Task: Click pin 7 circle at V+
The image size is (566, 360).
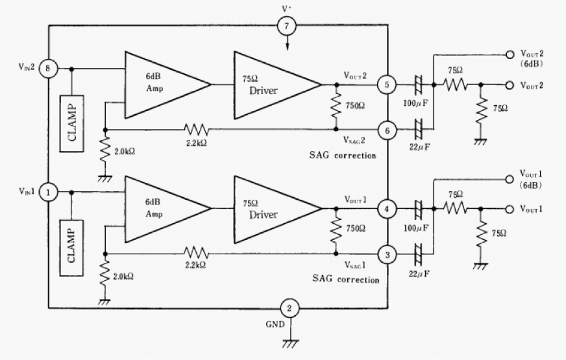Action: (x=287, y=26)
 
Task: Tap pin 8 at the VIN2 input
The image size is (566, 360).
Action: (x=49, y=68)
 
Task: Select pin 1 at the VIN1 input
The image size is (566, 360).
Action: (x=49, y=192)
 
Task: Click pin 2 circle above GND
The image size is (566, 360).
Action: (x=290, y=308)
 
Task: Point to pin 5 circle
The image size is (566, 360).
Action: (x=387, y=85)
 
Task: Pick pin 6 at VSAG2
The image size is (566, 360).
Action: (x=388, y=130)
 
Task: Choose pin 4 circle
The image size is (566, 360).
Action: (x=387, y=210)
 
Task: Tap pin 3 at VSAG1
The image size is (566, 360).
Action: (x=388, y=255)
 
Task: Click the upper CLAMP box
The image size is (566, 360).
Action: (x=72, y=123)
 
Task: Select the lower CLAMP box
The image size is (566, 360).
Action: (x=71, y=248)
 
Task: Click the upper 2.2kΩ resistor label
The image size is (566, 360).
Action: (x=197, y=143)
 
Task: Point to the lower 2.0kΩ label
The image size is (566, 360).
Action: (x=123, y=276)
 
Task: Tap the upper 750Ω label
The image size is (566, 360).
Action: (x=355, y=106)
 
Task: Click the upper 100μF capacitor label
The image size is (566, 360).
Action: (x=416, y=103)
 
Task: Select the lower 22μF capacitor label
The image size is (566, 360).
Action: (x=419, y=274)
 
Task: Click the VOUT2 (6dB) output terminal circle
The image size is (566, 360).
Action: (x=510, y=54)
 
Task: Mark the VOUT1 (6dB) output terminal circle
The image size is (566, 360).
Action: (x=510, y=179)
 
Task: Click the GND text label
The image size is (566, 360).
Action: (x=275, y=324)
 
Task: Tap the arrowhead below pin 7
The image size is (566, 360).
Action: (x=288, y=47)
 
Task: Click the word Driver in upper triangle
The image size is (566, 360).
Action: (x=264, y=91)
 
